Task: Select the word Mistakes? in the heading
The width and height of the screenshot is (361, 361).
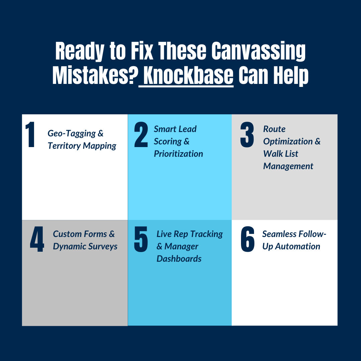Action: pyautogui.click(x=95, y=76)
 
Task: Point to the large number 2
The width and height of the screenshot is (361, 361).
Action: pyautogui.click(x=141, y=135)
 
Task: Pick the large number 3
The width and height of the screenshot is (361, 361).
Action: pyautogui.click(x=247, y=135)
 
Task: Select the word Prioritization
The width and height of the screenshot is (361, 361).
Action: pyautogui.click(x=178, y=154)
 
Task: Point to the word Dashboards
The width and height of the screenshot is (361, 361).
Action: pyautogui.click(x=179, y=259)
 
